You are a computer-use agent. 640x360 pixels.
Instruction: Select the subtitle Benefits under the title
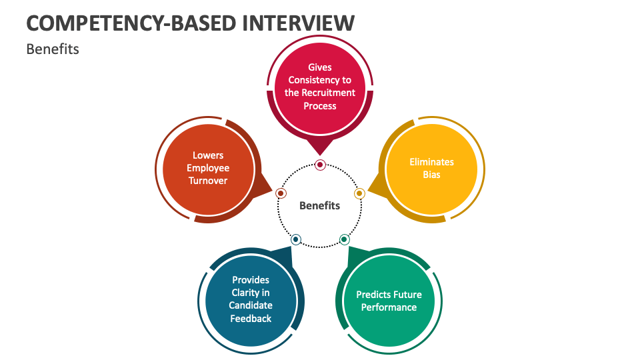point(53,49)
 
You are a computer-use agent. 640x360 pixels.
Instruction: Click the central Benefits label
point(319,205)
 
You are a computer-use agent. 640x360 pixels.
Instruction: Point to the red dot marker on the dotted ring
point(320,165)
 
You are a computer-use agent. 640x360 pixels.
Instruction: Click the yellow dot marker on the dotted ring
point(359,193)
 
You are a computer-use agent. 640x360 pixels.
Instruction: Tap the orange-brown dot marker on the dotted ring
point(281,193)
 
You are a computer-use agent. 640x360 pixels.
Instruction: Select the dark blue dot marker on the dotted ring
point(296,239)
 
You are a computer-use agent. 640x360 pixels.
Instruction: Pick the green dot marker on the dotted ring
point(344,239)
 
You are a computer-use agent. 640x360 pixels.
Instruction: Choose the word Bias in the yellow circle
point(431,175)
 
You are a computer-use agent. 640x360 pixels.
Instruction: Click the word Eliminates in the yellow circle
point(431,162)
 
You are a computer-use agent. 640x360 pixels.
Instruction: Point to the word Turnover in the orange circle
point(208,181)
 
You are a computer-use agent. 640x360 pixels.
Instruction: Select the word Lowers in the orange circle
point(208,155)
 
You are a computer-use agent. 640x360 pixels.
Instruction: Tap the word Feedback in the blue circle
point(251,319)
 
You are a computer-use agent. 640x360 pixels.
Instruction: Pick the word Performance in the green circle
point(389,307)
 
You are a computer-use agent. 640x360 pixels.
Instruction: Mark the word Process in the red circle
point(320,105)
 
